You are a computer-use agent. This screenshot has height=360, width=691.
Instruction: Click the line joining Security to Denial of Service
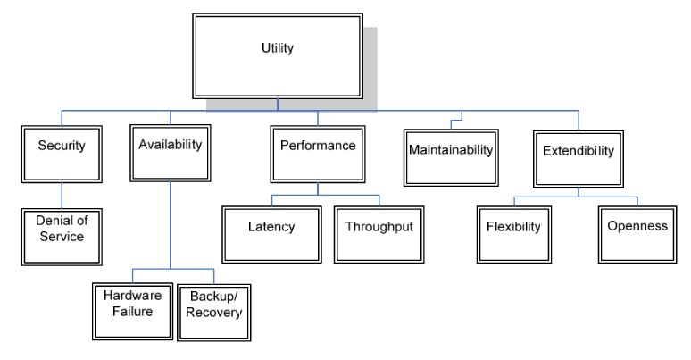point(62,195)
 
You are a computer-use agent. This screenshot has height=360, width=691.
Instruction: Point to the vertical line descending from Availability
point(170,223)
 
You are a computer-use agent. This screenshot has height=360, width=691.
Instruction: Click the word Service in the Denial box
point(62,237)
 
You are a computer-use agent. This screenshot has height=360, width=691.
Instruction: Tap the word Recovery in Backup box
point(213,314)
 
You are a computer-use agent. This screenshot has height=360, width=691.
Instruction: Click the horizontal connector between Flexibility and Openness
point(576,197)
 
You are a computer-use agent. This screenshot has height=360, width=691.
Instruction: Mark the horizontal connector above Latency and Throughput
point(325,195)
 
